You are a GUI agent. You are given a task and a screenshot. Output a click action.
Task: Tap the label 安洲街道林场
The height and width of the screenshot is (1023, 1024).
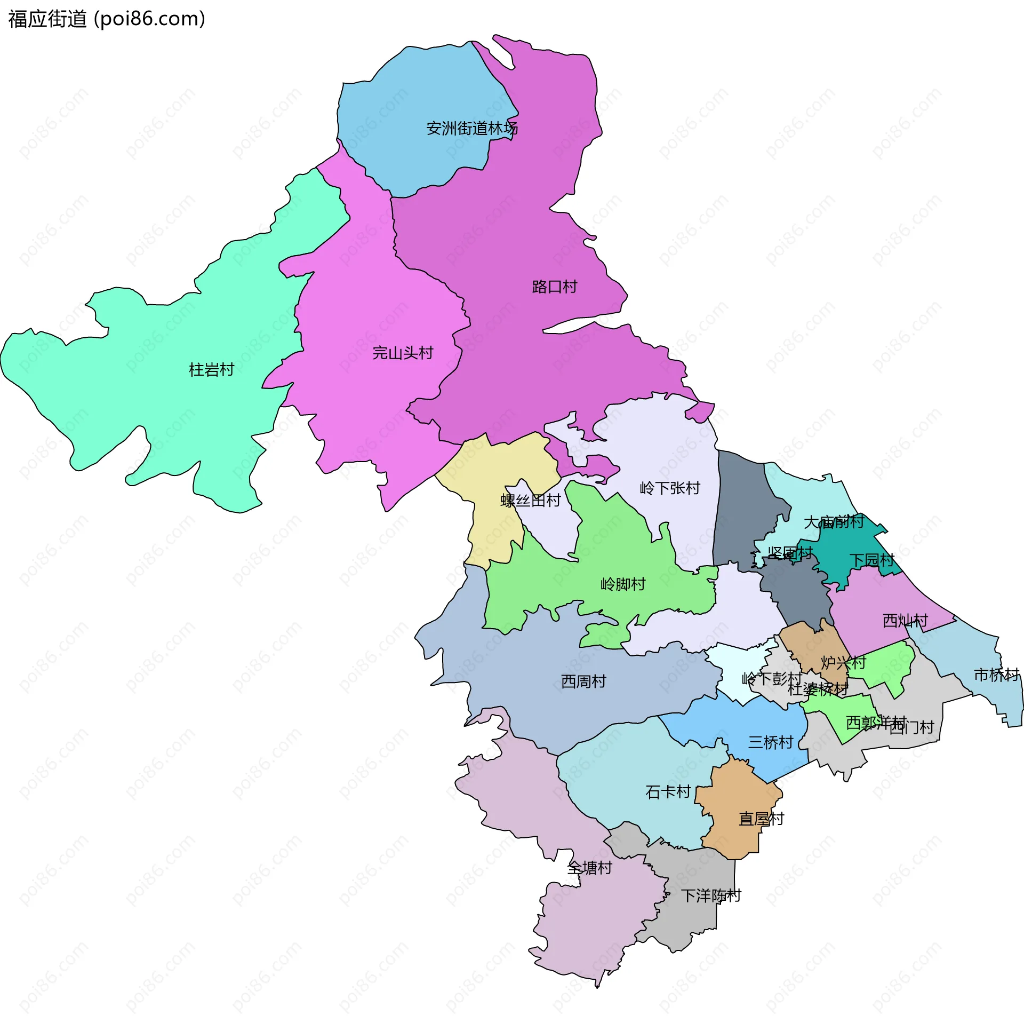click(472, 129)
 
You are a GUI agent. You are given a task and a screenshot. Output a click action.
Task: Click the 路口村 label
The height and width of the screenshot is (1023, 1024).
click(555, 287)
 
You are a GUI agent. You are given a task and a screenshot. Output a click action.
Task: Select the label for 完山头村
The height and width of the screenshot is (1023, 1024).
click(403, 353)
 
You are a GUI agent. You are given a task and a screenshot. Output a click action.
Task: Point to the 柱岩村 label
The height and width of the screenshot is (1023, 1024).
click(212, 369)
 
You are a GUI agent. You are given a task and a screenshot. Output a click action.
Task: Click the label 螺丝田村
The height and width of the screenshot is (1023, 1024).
click(530, 500)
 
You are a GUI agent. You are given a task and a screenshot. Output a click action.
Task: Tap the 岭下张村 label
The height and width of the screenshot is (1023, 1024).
click(670, 488)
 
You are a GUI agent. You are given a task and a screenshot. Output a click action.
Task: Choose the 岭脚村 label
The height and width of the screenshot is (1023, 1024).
click(623, 584)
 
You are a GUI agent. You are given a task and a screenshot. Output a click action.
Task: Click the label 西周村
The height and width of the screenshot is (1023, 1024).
click(583, 681)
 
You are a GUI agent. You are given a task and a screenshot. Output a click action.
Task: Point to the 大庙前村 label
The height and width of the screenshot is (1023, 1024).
click(834, 522)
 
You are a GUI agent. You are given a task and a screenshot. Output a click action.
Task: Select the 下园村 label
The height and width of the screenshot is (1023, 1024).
click(872, 560)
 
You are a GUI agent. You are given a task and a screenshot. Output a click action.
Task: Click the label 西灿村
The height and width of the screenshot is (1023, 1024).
click(905, 621)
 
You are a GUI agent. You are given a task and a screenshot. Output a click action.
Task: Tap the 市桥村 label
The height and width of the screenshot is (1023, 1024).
click(996, 675)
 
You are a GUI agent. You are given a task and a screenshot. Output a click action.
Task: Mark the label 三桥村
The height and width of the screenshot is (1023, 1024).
click(771, 742)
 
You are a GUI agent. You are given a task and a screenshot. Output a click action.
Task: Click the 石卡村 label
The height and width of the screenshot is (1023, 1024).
click(668, 792)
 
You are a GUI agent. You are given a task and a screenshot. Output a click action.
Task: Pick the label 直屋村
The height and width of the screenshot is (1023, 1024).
click(761, 819)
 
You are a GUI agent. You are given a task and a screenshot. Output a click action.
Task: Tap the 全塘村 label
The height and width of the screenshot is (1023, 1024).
click(589, 868)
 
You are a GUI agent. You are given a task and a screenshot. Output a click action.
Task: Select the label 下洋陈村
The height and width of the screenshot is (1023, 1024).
click(711, 896)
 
